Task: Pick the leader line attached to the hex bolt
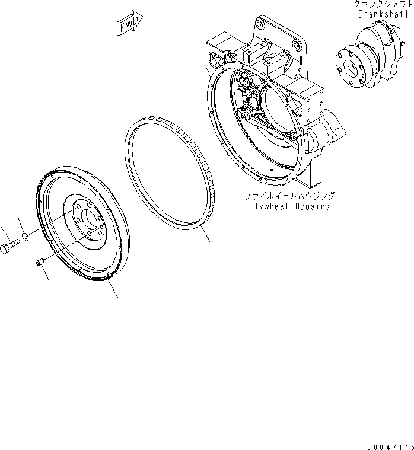click(4, 232)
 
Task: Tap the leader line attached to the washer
click(21, 225)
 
